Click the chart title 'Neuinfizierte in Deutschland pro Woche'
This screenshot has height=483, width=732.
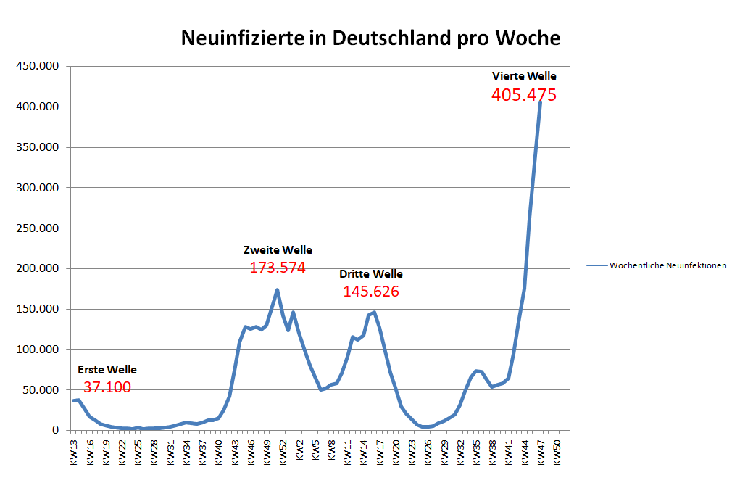pos(370,38)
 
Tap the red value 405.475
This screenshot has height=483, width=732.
pos(523,95)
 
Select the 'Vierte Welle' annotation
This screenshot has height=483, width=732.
pos(524,75)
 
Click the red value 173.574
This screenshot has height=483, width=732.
pos(278,268)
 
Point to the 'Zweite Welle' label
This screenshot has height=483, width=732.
pos(278,250)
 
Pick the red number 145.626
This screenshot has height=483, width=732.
pos(371,292)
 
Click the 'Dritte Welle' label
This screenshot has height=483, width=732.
pos(371,274)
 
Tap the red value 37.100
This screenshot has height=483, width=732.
pos(107,387)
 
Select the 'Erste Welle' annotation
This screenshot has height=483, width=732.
pos(107,370)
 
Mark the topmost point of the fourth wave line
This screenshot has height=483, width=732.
pos(541,102)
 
